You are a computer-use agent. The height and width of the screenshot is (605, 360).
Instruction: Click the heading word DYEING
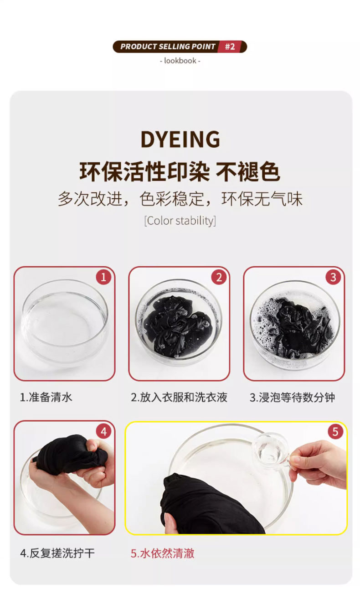pos(180,140)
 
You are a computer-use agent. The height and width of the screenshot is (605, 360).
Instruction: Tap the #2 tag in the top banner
pos(230,47)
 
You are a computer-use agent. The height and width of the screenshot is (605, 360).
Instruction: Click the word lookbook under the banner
pos(180,61)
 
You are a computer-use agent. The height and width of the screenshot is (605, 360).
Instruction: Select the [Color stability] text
pos(180,221)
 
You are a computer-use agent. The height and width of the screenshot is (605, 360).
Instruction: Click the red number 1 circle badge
pos(103,277)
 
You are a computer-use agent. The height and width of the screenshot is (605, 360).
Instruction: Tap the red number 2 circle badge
pos(219,277)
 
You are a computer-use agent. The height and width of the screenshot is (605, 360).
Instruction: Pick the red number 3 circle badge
pos(333,277)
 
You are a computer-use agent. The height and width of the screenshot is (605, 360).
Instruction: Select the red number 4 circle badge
pos(103,432)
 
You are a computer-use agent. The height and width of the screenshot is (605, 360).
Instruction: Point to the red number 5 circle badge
pos(335,432)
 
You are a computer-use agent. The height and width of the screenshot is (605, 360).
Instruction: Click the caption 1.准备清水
pos(46,398)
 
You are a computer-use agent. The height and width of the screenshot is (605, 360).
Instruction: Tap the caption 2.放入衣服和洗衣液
pos(179,398)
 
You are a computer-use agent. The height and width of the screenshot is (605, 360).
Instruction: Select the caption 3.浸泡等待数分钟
pos(292,398)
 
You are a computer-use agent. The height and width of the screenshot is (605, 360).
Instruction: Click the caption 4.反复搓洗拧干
pos(57,553)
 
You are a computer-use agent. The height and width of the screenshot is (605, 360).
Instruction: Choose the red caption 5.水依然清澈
pos(163,553)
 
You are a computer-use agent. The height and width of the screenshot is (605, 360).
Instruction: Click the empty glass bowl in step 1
pos(65,322)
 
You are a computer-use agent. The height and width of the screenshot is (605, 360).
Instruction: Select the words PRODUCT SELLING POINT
pos(168,47)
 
